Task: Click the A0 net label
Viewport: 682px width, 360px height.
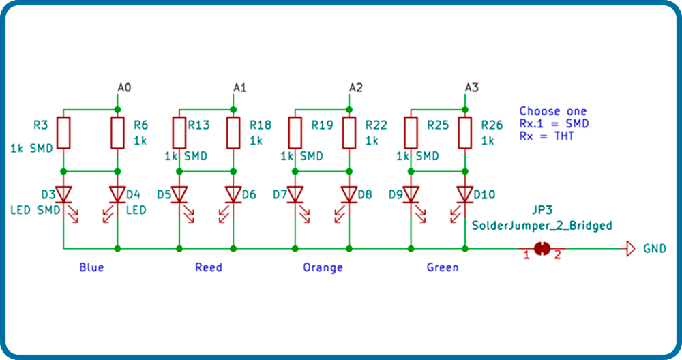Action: click(124, 88)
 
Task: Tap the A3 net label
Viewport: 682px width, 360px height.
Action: click(471, 88)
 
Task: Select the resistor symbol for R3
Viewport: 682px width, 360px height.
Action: click(63, 132)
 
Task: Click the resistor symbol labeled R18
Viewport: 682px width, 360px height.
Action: click(233, 132)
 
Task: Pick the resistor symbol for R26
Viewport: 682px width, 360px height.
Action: click(465, 132)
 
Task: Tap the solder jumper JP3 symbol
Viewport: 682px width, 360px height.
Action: click(542, 249)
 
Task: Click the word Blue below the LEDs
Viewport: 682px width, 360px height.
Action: click(92, 267)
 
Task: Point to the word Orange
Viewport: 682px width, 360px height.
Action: click(323, 267)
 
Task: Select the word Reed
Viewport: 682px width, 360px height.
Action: click(209, 267)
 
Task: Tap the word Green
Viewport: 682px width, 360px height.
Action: click(443, 267)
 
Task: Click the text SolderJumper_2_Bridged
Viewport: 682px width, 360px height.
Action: click(542, 226)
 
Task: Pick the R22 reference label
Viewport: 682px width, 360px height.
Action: click(376, 125)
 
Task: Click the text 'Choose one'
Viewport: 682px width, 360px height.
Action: click(553, 111)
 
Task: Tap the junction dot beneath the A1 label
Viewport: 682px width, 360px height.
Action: click(233, 110)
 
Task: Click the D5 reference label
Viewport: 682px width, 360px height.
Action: click(164, 194)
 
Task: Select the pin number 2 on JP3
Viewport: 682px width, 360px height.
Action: click(557, 255)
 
